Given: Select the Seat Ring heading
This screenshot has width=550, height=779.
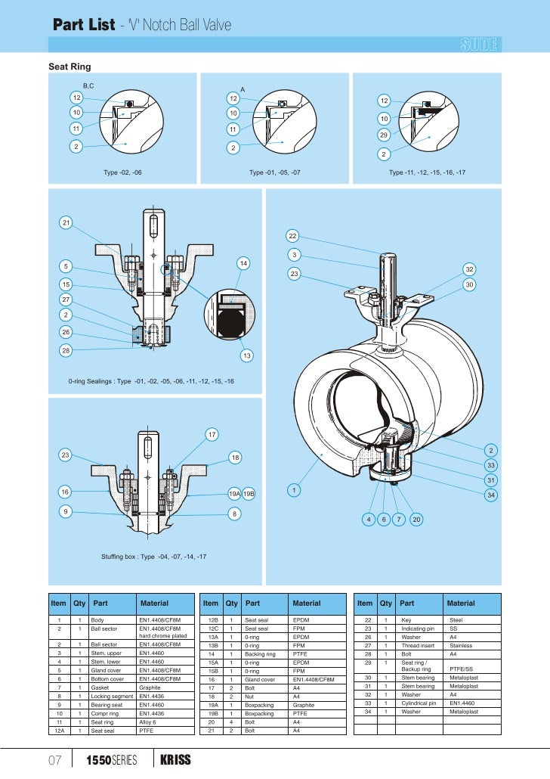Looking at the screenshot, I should click(70, 67).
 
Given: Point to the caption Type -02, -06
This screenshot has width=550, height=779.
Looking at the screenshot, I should click(122, 172).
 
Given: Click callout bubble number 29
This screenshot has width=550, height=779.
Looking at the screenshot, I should click(384, 136).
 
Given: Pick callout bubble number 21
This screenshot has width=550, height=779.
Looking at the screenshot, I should click(66, 223).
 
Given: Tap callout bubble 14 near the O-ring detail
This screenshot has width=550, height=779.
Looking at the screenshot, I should click(243, 263).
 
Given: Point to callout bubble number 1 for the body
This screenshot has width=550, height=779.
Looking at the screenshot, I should click(294, 491).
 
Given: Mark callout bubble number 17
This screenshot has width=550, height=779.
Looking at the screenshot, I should click(212, 434).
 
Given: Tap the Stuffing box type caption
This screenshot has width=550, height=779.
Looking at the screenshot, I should click(154, 557).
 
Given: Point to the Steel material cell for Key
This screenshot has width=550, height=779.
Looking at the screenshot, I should click(456, 619).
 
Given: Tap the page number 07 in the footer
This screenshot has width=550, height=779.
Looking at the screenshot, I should click(54, 759).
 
